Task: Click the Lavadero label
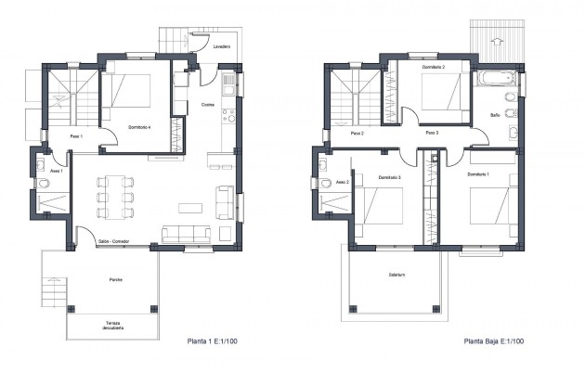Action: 221,45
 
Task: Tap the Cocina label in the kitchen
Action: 207,105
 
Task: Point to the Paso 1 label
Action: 77,136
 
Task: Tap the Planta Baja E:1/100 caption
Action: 495,341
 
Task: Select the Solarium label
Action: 399,275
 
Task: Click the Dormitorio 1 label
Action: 478,174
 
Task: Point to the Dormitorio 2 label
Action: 434,68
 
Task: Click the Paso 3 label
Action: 431,134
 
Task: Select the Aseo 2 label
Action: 341,182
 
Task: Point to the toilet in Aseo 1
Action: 43,184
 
